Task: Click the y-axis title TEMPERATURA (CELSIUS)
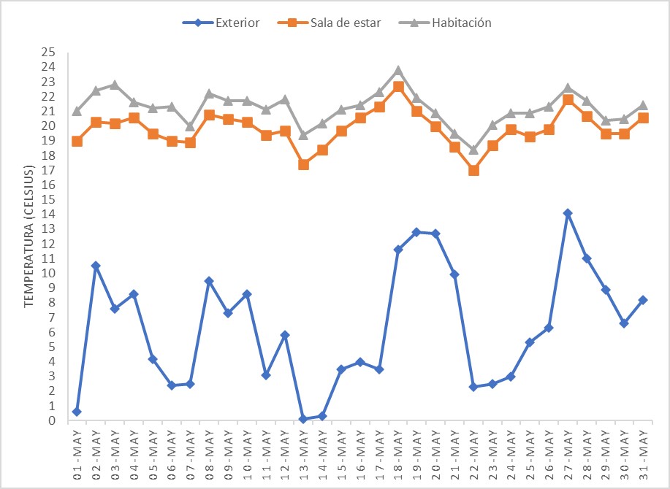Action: pyautogui.click(x=30, y=236)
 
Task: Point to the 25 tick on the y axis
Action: pyautogui.click(x=49, y=53)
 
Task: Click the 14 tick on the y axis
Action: pyautogui.click(x=49, y=215)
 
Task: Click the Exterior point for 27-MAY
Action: pyautogui.click(x=568, y=213)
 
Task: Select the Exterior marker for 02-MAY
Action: pyautogui.click(x=96, y=266)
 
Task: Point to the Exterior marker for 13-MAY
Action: pyautogui.click(x=303, y=419)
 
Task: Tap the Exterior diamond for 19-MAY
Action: pyautogui.click(x=416, y=232)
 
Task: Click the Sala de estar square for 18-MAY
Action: pyautogui.click(x=398, y=87)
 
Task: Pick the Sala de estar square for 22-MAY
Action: pyautogui.click(x=473, y=170)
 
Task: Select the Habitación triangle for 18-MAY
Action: pyautogui.click(x=398, y=71)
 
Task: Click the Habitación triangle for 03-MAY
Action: pyautogui.click(x=115, y=85)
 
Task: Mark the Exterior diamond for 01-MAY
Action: pyautogui.click(x=77, y=412)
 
